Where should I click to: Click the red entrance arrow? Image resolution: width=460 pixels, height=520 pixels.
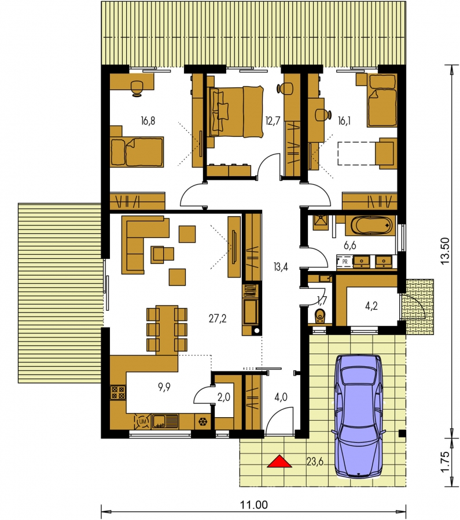pos(279,461)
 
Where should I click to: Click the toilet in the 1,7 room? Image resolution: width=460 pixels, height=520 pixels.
pos(320,316)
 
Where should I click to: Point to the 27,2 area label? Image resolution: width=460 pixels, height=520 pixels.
pos(218,319)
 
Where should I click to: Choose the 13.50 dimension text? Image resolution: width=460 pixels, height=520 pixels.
pos(446,250)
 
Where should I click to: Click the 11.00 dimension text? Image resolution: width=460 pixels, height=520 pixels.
pos(254,505)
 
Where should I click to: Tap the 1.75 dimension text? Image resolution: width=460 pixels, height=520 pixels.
pos(446,461)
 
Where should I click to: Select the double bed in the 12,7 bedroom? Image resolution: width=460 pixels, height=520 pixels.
pos(235,111)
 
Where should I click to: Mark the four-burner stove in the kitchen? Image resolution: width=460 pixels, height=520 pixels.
pos(118,393)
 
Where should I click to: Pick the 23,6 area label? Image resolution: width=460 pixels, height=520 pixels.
pos(315,462)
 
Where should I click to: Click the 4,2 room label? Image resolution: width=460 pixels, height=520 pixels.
pos(371,306)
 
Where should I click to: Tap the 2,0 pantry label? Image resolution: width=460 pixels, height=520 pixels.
pos(224,397)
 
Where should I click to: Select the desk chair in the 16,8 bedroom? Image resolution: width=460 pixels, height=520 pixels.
pos(137,88)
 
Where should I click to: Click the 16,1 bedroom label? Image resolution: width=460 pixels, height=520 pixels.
pos(344,121)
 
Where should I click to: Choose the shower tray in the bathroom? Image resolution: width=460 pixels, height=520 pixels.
pos(321,222)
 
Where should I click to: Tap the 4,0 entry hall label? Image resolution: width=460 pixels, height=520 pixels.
pos(281,396)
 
